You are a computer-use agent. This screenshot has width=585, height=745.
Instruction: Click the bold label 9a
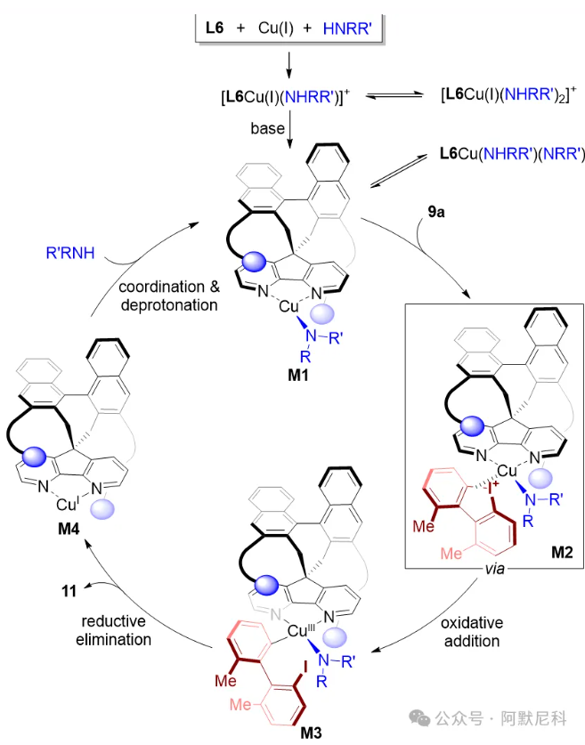435,212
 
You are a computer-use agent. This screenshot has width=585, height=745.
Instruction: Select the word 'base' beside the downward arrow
267,130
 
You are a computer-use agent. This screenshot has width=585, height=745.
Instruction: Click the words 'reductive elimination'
112,630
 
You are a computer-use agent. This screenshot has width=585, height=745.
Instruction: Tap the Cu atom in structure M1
288,306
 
